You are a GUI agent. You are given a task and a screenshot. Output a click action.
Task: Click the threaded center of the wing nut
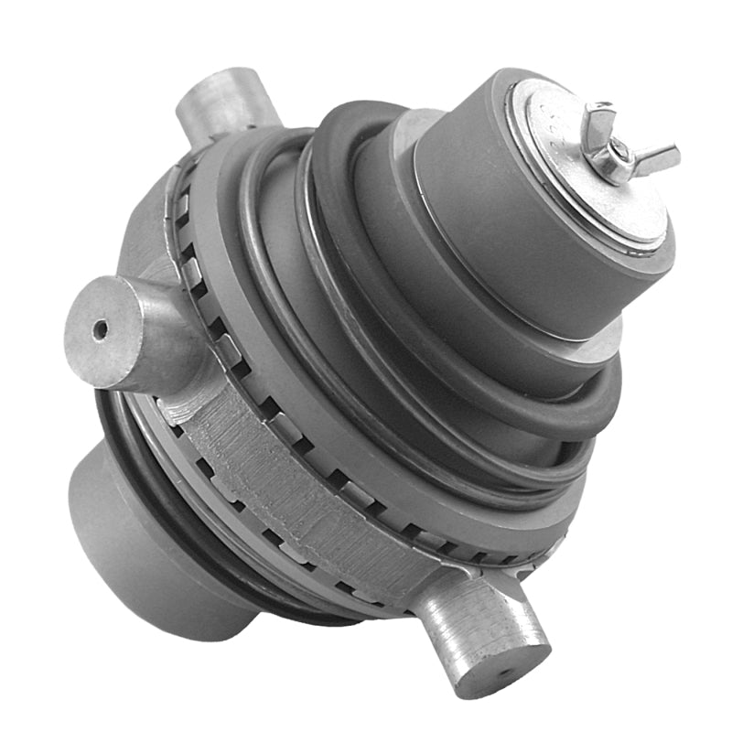point(621,148)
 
